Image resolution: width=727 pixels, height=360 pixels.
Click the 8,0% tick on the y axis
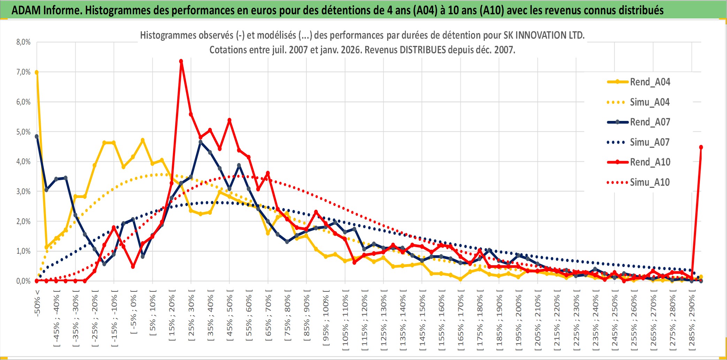(x=23, y=42)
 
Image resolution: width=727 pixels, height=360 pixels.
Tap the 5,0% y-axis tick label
(x=23, y=132)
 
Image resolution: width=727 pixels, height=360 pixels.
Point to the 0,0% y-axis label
(x=23, y=281)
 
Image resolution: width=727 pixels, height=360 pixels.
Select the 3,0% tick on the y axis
(x=23, y=191)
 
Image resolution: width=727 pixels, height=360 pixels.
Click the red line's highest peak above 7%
(x=181, y=61)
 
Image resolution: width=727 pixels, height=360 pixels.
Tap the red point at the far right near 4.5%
(x=701, y=147)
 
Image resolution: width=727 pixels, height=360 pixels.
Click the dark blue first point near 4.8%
(x=37, y=137)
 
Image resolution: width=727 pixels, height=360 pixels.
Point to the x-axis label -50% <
(x=37, y=303)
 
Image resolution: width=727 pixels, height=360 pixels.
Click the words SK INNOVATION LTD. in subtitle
(x=544, y=35)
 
